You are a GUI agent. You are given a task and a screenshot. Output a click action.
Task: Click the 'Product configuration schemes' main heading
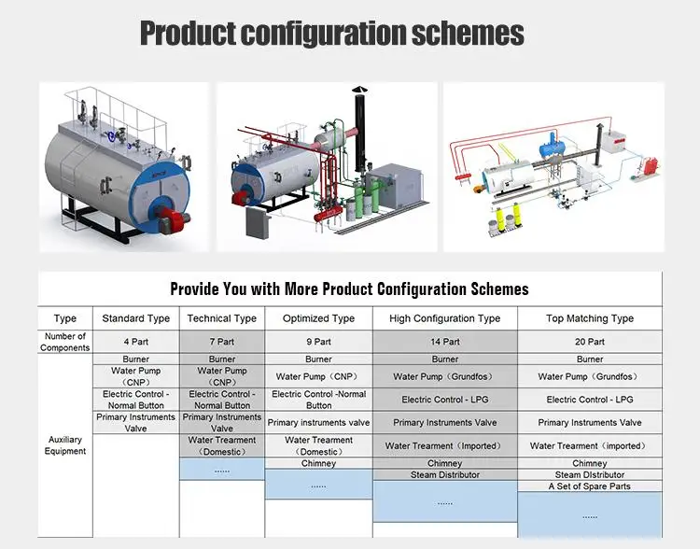pyautogui.click(x=331, y=35)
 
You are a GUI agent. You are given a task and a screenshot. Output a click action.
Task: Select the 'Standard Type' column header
pyautogui.click(x=135, y=318)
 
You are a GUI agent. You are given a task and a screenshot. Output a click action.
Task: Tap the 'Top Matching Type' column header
pyautogui.click(x=589, y=318)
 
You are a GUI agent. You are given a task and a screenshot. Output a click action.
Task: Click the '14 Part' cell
pyautogui.click(x=444, y=342)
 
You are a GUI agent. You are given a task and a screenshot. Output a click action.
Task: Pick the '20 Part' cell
pyautogui.click(x=589, y=342)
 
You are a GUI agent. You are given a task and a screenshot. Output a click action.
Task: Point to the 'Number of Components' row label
pyautogui.click(x=65, y=342)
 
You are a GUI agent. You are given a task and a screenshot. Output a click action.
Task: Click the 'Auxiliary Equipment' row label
pyautogui.click(x=65, y=445)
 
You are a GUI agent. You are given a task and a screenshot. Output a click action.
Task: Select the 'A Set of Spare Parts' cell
pyautogui.click(x=589, y=486)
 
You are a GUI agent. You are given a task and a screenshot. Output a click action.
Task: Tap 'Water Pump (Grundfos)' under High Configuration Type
pyautogui.click(x=444, y=377)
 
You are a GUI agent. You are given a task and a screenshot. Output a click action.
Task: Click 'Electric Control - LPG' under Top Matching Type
pyautogui.click(x=589, y=400)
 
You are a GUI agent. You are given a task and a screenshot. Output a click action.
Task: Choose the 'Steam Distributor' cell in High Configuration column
pyautogui.click(x=444, y=475)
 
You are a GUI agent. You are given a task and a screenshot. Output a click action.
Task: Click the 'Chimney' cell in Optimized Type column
pyautogui.click(x=318, y=463)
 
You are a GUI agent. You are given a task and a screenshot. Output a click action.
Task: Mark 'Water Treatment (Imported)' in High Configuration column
pyautogui.click(x=444, y=446)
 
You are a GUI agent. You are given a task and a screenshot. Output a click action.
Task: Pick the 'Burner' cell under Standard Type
pyautogui.click(x=135, y=359)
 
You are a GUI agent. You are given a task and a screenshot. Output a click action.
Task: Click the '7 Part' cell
pyautogui.click(x=222, y=342)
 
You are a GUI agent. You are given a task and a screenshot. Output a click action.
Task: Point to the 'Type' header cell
pyautogui.click(x=65, y=318)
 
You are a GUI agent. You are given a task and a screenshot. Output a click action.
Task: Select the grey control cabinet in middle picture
pyautogui.click(x=254, y=220)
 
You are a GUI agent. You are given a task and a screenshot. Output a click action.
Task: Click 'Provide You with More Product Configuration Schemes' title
pyautogui.click(x=349, y=289)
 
